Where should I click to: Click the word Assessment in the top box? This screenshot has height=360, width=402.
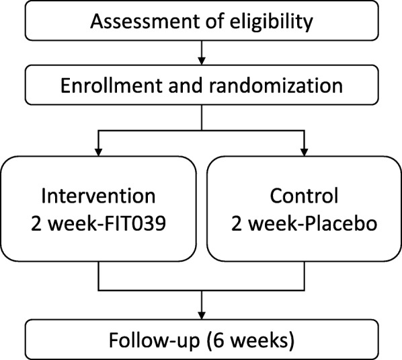coord(133,22)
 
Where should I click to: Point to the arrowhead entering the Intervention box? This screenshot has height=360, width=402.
coord(99,149)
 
